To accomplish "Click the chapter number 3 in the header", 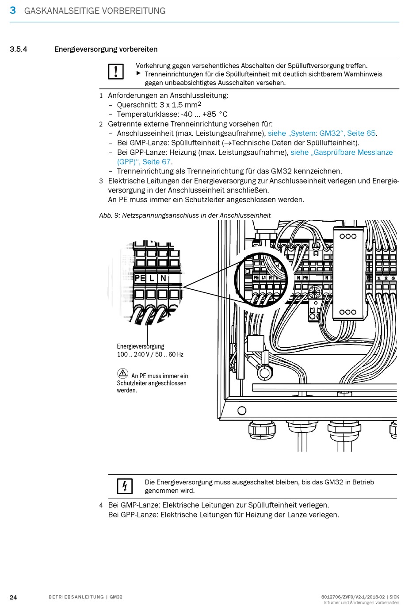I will (x=13, y=10).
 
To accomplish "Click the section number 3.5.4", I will (x=18, y=49).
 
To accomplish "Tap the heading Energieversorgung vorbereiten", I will (x=106, y=49).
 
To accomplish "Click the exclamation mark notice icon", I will (x=116, y=72).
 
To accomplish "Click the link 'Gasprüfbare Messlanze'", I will (x=353, y=152).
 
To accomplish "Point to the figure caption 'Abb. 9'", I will (x=109, y=215).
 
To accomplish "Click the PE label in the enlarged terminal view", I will (x=140, y=278).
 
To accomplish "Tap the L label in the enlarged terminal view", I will (x=152, y=278).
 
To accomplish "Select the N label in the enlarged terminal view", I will (x=163, y=278).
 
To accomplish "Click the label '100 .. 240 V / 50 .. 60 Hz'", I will (x=150, y=354).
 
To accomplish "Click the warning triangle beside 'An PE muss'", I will (x=122, y=373).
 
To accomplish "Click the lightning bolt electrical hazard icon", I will (x=125, y=486).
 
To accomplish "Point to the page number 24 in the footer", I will (x=13, y=597).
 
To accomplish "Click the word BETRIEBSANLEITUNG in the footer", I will (x=76, y=597).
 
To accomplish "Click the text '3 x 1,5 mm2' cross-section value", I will (x=180, y=105).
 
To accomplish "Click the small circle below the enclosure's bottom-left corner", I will (x=242, y=411).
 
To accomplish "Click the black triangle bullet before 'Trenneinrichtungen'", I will (x=138, y=73).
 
